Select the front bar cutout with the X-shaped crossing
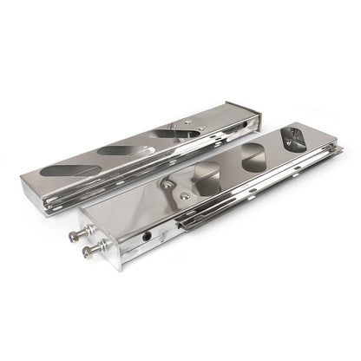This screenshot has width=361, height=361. [296, 142]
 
